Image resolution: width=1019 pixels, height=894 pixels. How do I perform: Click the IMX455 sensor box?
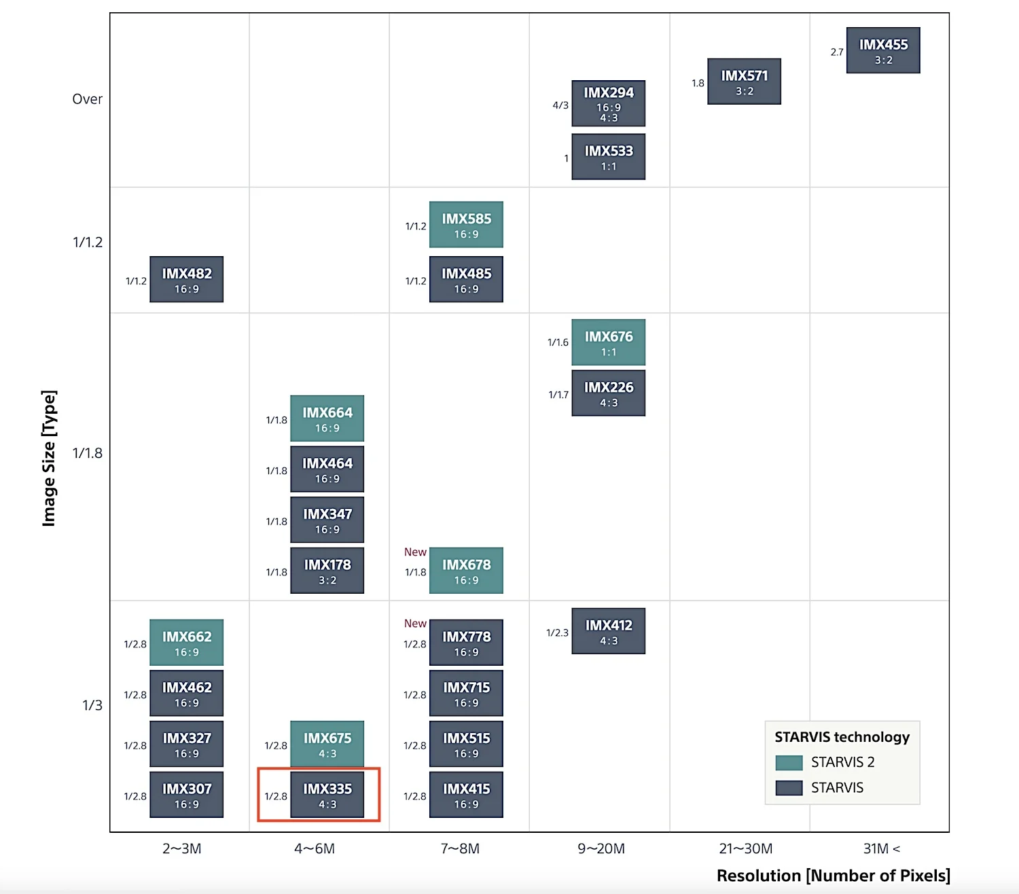883,50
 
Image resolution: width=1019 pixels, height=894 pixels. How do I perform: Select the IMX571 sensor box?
744,82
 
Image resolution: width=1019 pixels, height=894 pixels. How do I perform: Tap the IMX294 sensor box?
608,103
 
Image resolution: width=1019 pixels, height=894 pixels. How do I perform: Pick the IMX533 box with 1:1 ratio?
608,157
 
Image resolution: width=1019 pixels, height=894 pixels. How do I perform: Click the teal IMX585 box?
466,224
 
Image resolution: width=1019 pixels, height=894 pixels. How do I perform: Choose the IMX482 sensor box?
186,279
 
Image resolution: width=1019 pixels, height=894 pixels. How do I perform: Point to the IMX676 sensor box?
608,342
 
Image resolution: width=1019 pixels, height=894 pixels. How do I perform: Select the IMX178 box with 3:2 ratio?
327,571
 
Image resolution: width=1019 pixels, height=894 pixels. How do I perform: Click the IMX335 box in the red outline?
327,795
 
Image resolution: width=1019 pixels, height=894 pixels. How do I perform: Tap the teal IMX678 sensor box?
466,571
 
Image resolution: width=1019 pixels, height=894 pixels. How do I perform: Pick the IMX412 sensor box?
608,631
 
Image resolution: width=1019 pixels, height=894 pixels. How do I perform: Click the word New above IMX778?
415,624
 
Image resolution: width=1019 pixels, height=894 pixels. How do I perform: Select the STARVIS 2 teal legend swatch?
789,762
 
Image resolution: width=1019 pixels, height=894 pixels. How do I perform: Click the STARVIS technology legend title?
842,737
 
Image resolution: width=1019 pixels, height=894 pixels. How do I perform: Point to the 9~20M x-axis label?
601,848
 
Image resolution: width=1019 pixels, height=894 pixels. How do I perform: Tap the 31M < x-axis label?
881,848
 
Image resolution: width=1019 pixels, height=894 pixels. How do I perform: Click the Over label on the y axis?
87,99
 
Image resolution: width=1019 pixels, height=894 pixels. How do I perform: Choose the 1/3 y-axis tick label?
92,705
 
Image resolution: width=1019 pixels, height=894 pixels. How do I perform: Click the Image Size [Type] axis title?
49,458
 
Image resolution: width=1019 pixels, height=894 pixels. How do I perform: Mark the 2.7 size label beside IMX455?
837,52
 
